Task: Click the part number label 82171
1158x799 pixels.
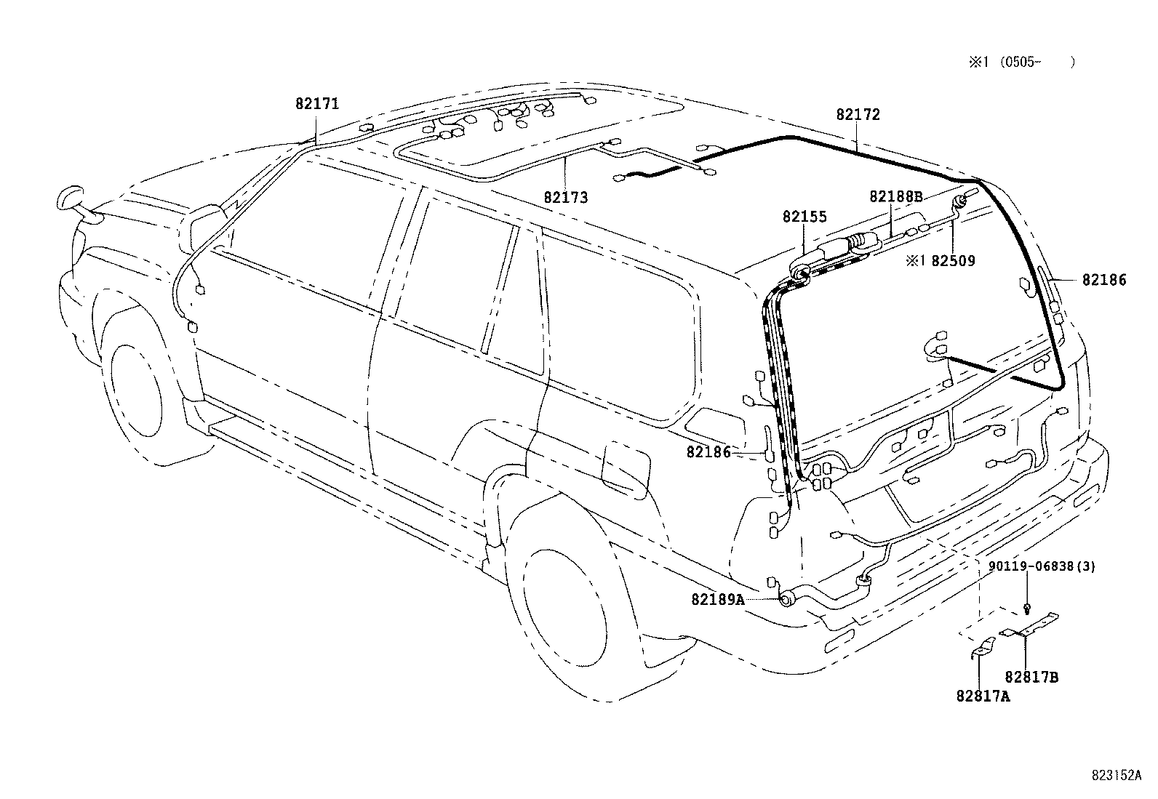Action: [316, 104]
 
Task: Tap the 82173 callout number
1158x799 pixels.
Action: [565, 197]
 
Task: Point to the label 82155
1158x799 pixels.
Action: [804, 217]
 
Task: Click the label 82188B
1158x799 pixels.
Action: [895, 196]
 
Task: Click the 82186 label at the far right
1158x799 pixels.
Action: [1103, 280]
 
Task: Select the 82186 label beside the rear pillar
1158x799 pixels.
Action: [708, 452]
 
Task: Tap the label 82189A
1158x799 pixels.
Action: [717, 599]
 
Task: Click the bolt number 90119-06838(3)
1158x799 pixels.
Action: [1042, 567]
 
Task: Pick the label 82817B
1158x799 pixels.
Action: [1031, 677]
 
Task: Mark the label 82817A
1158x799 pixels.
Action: [983, 696]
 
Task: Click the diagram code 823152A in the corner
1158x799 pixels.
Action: [1116, 776]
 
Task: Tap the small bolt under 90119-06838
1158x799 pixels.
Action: [1026, 606]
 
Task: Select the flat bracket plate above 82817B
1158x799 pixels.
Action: [1030, 626]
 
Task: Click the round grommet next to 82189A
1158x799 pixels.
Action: [786, 600]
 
